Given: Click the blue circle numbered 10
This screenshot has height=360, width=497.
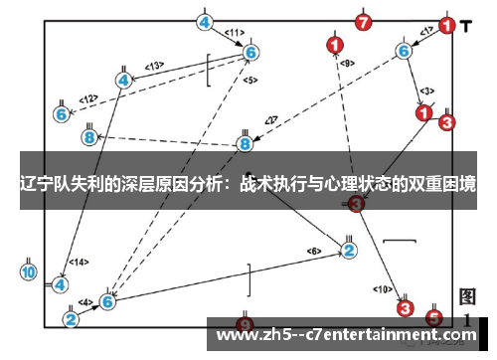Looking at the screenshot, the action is [x=29, y=270].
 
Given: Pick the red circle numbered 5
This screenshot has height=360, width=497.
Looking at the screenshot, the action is [x=433, y=318].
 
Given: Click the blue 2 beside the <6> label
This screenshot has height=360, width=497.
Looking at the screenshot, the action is [x=349, y=249].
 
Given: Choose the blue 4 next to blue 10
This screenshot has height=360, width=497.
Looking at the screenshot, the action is [x=61, y=284].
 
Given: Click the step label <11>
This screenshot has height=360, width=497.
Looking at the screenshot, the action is [x=235, y=33].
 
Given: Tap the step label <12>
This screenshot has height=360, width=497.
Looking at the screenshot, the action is [x=88, y=98].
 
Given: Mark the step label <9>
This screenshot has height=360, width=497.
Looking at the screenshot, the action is [x=346, y=63].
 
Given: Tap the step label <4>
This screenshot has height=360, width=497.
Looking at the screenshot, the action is [x=86, y=301].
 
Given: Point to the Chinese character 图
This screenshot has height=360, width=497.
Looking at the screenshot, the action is [x=468, y=297].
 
